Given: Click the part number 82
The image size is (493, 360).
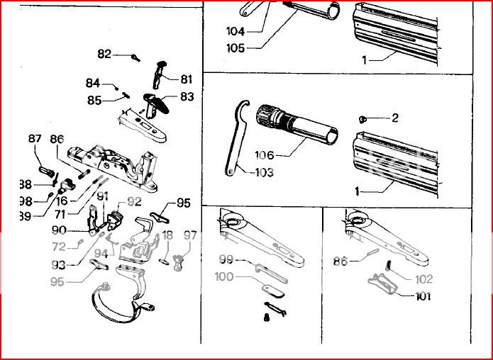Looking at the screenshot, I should coord(104,55).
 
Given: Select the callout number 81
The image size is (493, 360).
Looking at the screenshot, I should coord(186,79).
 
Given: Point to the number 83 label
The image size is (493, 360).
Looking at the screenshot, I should coord(187,96).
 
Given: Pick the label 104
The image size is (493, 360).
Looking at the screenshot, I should coord(235,31).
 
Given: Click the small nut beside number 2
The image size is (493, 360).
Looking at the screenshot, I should coord(362,118).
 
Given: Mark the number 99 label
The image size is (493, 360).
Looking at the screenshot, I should coord(226,260).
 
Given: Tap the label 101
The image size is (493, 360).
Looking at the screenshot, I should coord(423,296).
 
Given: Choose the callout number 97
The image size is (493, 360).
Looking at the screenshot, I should coord(189,235).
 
